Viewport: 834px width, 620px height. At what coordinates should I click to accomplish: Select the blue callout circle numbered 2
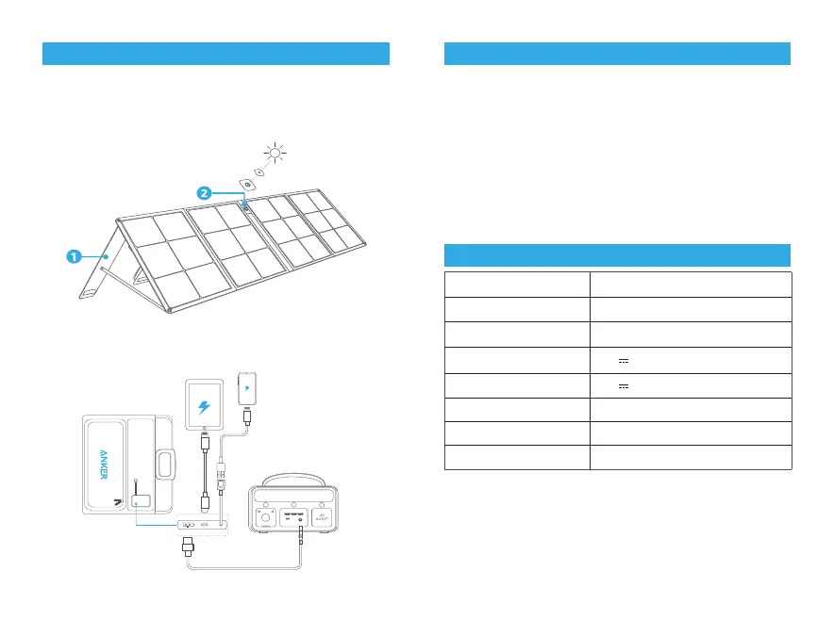[204, 192]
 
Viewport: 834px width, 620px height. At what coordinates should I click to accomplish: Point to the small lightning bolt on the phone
[247, 388]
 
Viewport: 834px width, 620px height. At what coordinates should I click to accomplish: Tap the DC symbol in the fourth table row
[622, 359]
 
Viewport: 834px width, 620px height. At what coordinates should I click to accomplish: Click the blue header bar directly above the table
[617, 255]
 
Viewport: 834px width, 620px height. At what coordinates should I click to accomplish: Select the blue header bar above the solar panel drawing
[216, 54]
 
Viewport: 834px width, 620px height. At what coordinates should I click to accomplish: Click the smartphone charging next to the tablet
[247, 389]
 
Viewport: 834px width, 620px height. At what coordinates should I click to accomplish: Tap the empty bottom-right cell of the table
[690, 457]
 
